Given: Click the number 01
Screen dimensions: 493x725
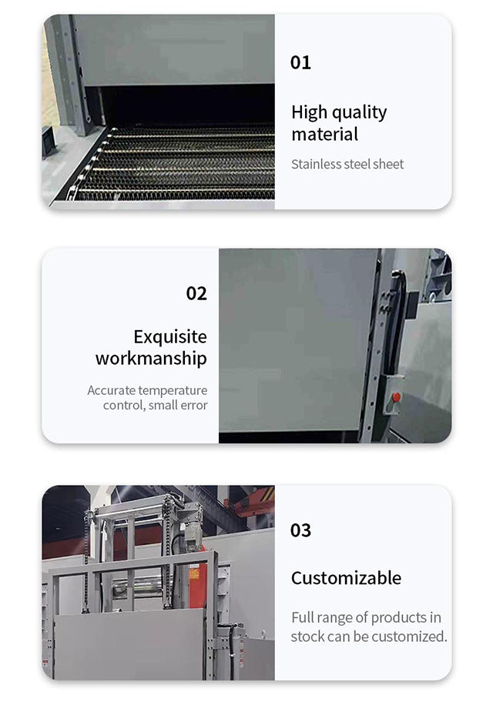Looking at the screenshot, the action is click(x=300, y=62).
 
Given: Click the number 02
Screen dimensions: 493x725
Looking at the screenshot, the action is click(x=196, y=293).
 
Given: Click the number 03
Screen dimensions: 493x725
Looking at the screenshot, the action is click(x=300, y=530).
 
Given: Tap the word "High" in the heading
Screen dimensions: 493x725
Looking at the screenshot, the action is click(x=309, y=112).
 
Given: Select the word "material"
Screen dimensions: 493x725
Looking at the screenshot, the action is click(x=324, y=135).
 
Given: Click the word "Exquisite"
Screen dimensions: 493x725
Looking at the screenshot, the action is click(x=170, y=337).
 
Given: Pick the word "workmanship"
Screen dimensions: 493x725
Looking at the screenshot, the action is click(x=151, y=359).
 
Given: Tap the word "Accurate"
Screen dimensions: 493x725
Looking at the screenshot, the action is click(x=112, y=390).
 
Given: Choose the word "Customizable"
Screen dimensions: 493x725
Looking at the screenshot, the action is click(x=346, y=578).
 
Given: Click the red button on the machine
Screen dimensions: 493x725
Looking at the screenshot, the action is click(x=396, y=397).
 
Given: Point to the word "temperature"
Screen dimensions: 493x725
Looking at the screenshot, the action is click(x=173, y=391).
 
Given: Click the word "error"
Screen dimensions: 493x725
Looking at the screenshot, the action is click(x=194, y=406).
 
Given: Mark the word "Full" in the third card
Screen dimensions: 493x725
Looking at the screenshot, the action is click(x=301, y=618).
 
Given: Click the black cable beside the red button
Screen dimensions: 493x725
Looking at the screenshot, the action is click(x=395, y=324).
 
